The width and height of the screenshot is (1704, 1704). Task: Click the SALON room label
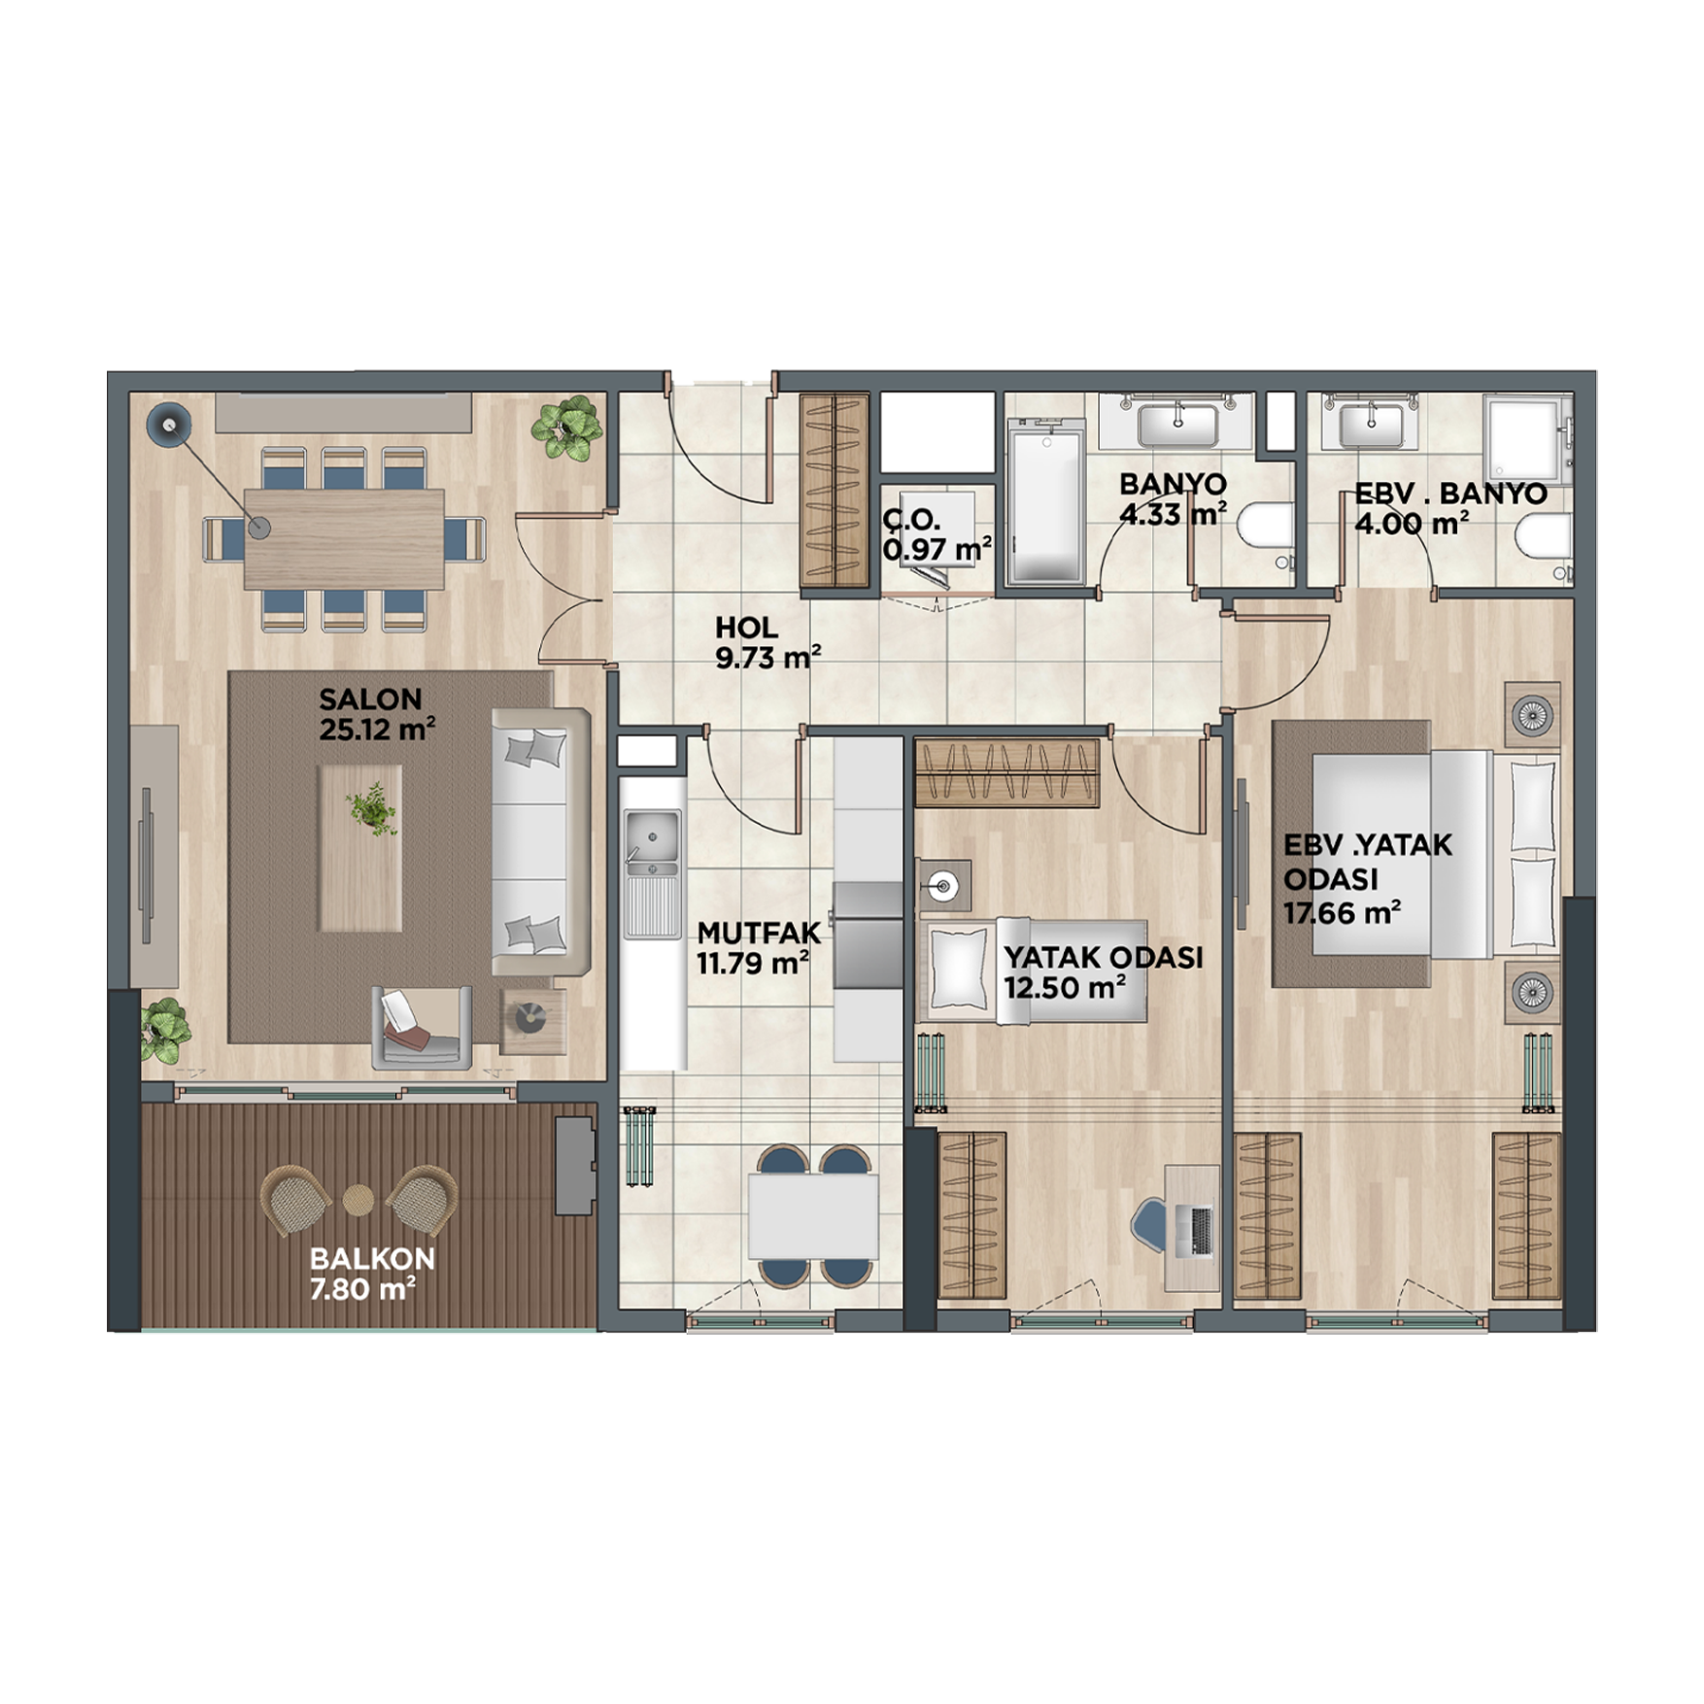[x=370, y=699]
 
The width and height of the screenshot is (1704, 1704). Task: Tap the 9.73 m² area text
[x=767, y=658]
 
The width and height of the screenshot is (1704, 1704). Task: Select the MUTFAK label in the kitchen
[x=759, y=933]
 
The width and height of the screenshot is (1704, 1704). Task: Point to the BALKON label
[x=372, y=1258]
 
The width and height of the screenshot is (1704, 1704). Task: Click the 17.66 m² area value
[x=1342, y=913]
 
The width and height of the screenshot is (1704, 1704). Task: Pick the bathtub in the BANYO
[x=1046, y=502]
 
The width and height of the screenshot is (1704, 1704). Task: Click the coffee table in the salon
[x=360, y=847]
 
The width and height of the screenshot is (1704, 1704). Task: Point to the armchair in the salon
[x=422, y=1028]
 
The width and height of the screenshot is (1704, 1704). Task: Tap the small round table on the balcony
[x=358, y=1200]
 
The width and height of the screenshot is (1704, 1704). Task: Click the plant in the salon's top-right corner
[x=567, y=426]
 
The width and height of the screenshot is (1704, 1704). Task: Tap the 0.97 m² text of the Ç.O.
[x=937, y=550]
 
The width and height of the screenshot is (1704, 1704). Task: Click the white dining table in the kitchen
[x=813, y=1216]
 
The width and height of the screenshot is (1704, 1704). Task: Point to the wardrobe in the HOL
[x=834, y=491]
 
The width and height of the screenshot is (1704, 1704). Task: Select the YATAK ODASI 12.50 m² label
[x=1104, y=972]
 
